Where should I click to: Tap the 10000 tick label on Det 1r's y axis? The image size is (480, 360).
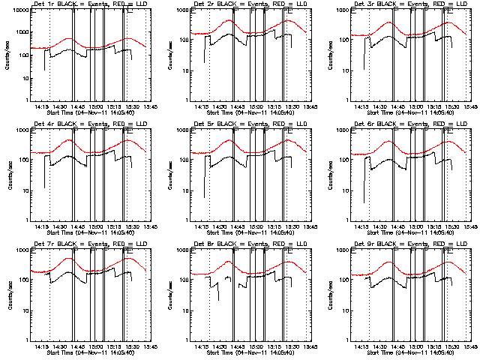[x=19, y=10]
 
